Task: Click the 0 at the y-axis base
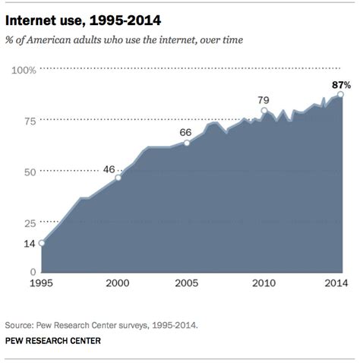click(x=33, y=272)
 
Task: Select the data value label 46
click(x=109, y=169)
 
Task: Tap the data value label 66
click(x=185, y=131)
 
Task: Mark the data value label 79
click(x=264, y=99)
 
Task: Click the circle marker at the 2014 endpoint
click(x=340, y=94)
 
